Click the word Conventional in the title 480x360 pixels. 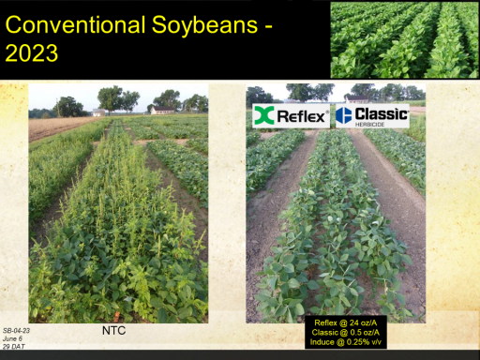pos(76,24)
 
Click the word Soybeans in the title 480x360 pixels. pos(205,26)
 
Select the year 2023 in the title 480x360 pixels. pos(32,52)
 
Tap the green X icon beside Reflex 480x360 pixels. pos(264,115)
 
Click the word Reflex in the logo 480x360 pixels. pos(301,116)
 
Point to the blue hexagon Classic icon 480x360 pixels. pos(344,115)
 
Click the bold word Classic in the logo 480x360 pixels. pos(382,114)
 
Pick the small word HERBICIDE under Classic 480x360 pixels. pos(369,125)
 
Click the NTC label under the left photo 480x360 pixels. pos(113,331)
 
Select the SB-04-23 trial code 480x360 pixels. pos(16,331)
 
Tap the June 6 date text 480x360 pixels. pos(12,338)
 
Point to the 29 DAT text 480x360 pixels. pos(14,346)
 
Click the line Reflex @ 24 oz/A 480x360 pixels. pos(346,322)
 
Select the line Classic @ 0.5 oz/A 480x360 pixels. pos(346,332)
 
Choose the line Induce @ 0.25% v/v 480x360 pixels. pos(346,342)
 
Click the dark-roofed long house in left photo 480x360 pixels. pos(162,110)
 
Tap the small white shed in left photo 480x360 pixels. pos(99,112)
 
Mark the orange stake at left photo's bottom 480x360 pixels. pos(116,316)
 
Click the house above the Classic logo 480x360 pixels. pos(357,99)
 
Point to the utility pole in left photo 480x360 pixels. pos(57,107)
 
